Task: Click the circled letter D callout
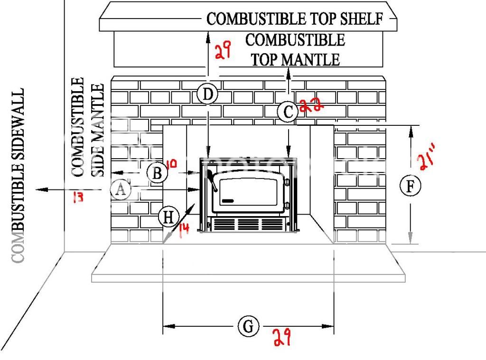pos(207,95)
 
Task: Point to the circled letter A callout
pos(121,189)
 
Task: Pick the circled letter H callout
pos(168,218)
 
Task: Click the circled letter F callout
pos(410,186)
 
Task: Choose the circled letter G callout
pos(248,327)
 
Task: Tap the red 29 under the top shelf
pos(222,50)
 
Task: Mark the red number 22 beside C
pos(312,105)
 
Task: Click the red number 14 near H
pos(184,229)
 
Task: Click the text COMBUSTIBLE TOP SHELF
pos(295,19)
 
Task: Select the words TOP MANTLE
pos(295,60)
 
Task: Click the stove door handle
pos(211,180)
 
